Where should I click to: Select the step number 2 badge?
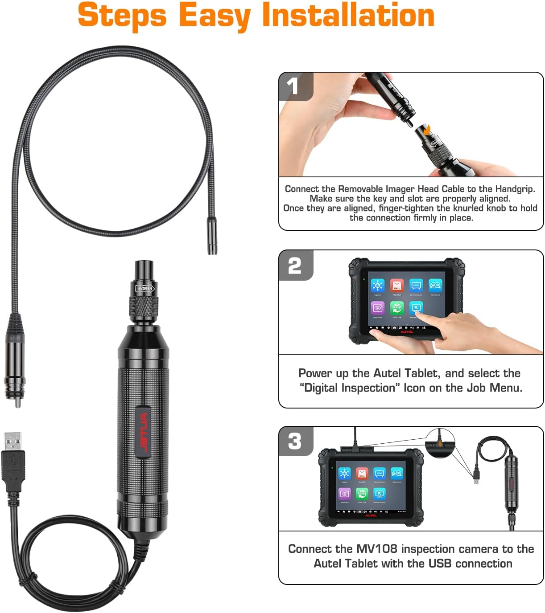(x=294, y=266)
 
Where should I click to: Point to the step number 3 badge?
(x=294, y=441)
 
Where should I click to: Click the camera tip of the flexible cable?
(x=212, y=236)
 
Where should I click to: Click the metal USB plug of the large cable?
(x=12, y=441)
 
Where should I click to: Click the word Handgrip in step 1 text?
(x=514, y=189)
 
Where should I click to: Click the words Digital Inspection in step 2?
(x=349, y=388)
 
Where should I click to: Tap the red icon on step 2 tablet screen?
(x=396, y=286)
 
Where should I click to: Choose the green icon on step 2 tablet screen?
(x=396, y=308)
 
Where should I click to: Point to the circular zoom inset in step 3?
(x=440, y=443)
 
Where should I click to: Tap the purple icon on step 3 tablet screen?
(x=344, y=494)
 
